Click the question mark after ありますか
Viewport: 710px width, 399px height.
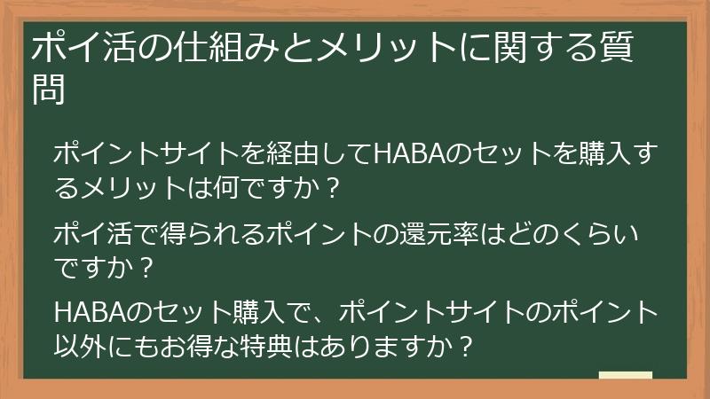click(460, 347)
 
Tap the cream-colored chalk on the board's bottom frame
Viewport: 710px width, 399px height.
click(626, 376)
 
